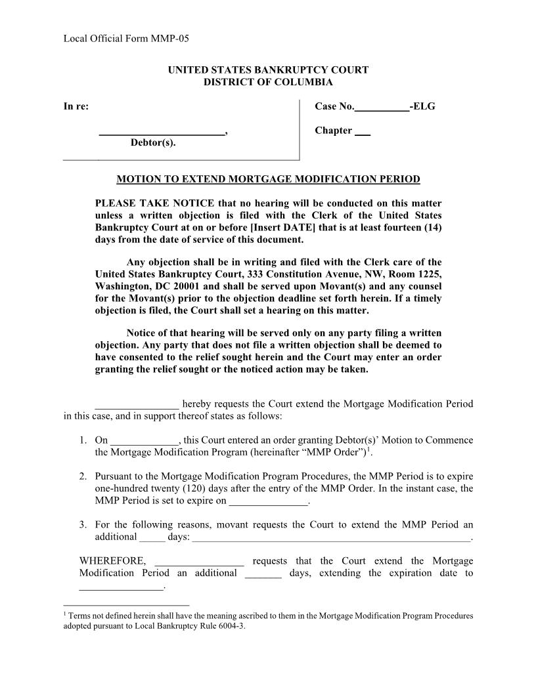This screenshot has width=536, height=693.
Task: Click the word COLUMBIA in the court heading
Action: (x=303, y=82)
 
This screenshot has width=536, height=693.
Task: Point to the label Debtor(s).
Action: (x=153, y=142)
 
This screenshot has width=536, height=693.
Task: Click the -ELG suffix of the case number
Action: (x=422, y=106)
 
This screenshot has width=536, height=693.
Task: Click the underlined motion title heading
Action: (x=268, y=179)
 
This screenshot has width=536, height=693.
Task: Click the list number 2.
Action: (x=83, y=476)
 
